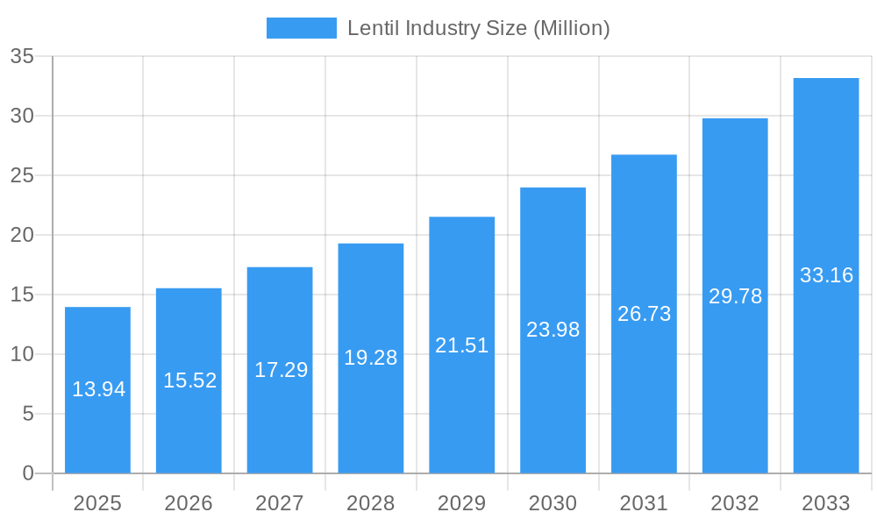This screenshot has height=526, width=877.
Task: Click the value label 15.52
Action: click(189, 380)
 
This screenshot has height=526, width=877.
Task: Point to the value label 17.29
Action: click(281, 370)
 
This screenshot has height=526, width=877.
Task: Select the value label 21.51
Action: click(462, 345)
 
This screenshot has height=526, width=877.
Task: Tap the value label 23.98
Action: click(553, 330)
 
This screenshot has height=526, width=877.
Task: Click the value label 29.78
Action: click(735, 296)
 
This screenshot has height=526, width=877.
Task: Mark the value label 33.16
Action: click(826, 275)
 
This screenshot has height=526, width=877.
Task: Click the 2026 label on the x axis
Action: click(189, 503)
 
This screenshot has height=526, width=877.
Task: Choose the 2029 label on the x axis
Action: click(462, 503)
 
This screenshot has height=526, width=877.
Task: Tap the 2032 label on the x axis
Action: click(735, 503)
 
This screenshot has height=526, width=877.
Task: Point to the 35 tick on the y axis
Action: click(22, 57)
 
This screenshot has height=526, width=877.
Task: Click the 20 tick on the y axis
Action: click(22, 235)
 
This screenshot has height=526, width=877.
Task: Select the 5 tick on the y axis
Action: click(28, 414)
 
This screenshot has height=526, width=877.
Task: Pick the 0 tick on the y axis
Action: click(28, 473)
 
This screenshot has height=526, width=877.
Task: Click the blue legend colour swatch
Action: click(301, 28)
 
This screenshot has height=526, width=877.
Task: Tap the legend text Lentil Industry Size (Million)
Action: click(478, 28)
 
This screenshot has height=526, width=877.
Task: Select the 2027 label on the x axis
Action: click(280, 503)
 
